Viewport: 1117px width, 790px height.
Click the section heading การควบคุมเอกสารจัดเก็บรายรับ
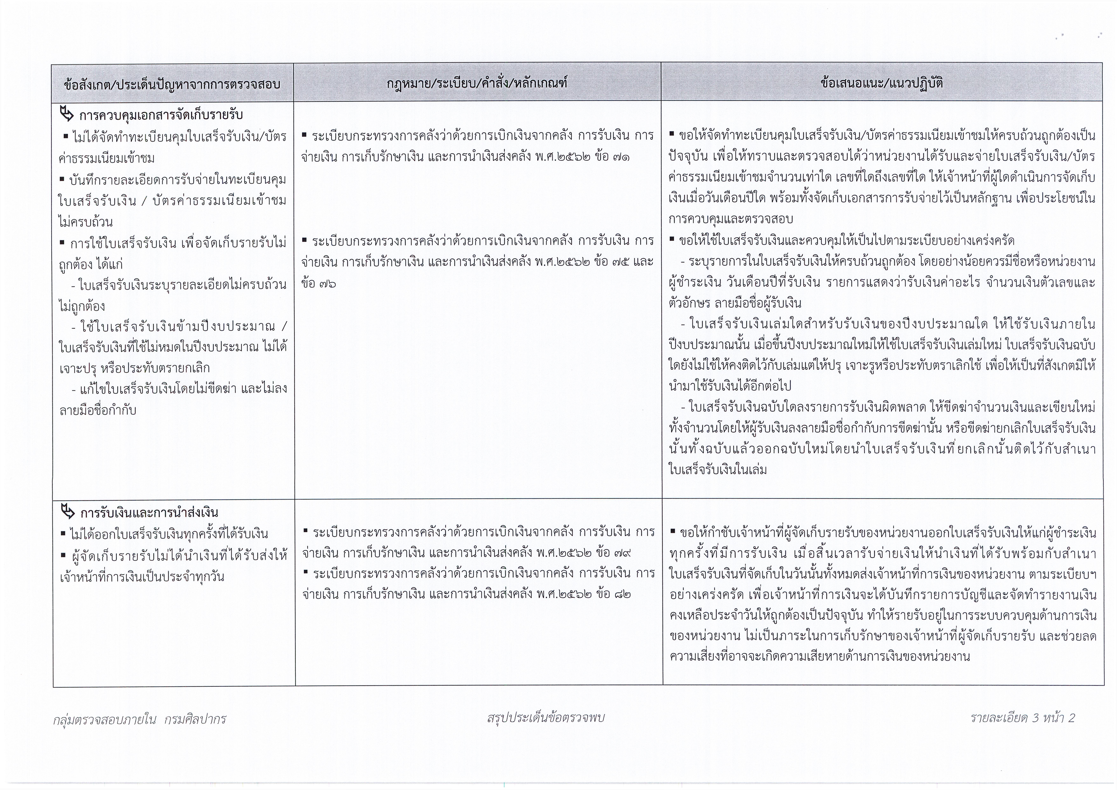[161, 115]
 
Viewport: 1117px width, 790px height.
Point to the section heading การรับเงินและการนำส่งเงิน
[149, 513]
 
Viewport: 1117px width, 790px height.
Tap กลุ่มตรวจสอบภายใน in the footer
[104, 719]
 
